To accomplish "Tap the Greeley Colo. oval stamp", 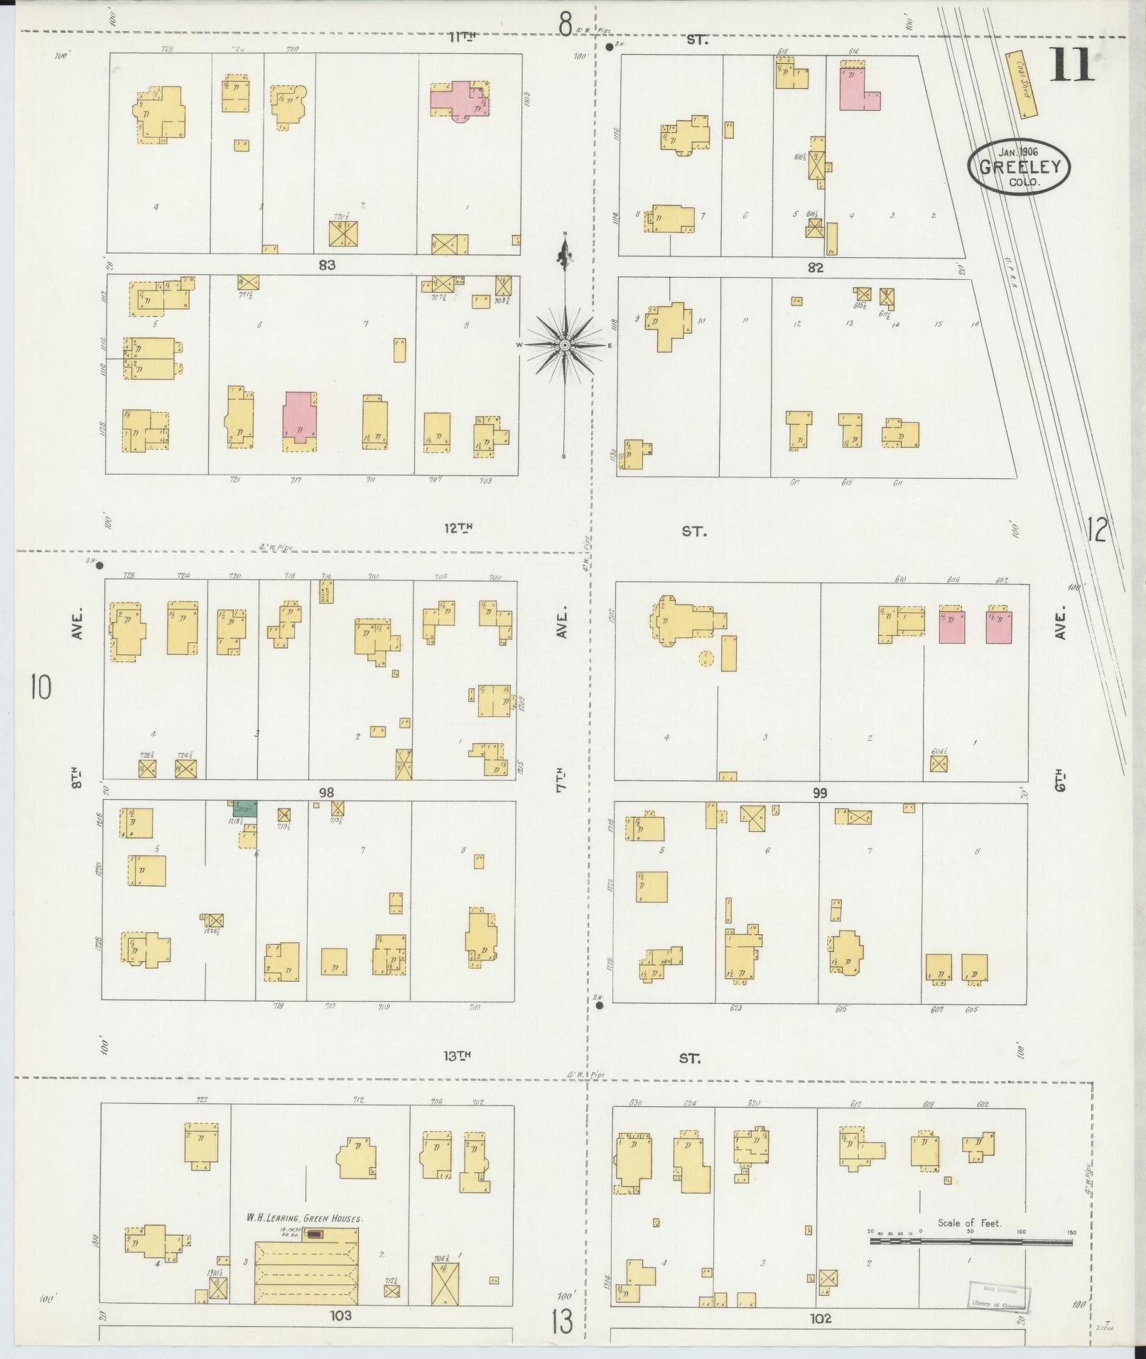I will point(1019,166).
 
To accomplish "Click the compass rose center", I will point(565,345).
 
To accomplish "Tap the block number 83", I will point(327,265).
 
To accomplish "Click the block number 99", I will point(820,793).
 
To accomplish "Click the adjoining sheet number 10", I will point(40,687).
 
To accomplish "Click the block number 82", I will point(815,268).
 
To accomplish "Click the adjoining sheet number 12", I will point(1096,530).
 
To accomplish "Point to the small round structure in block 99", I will point(705,659).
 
